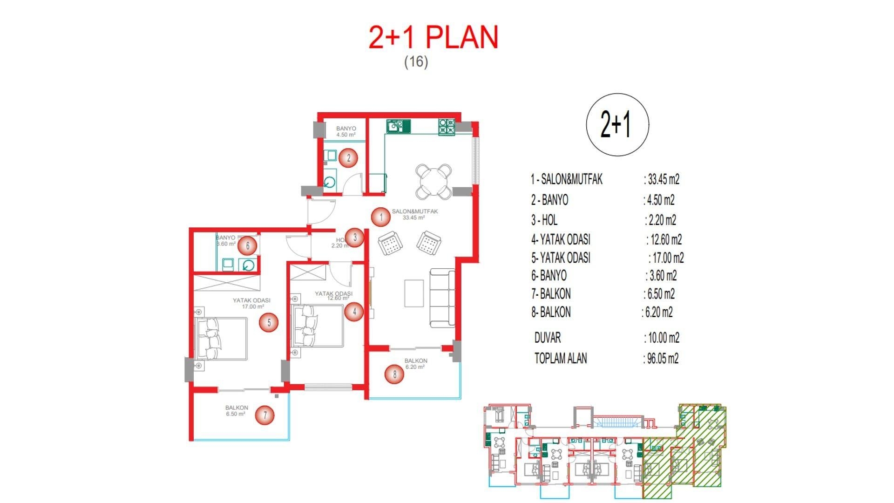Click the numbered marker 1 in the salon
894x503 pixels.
[x=381, y=217]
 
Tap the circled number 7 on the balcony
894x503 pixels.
[x=265, y=415]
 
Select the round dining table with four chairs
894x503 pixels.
[x=433, y=181]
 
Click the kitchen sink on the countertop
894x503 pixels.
[x=398, y=126]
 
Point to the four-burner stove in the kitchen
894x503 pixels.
[x=446, y=127]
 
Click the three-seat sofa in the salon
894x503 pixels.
[x=442, y=298]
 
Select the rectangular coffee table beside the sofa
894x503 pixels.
[x=413, y=293]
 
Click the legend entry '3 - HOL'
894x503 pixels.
[x=544, y=220]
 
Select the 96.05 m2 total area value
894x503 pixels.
[x=663, y=359]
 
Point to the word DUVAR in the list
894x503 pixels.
[x=548, y=338]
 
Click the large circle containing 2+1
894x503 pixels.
[x=617, y=125]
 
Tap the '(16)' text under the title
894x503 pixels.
[x=416, y=61]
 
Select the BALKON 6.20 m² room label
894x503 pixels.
[x=415, y=363]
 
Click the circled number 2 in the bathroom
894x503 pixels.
[x=348, y=158]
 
